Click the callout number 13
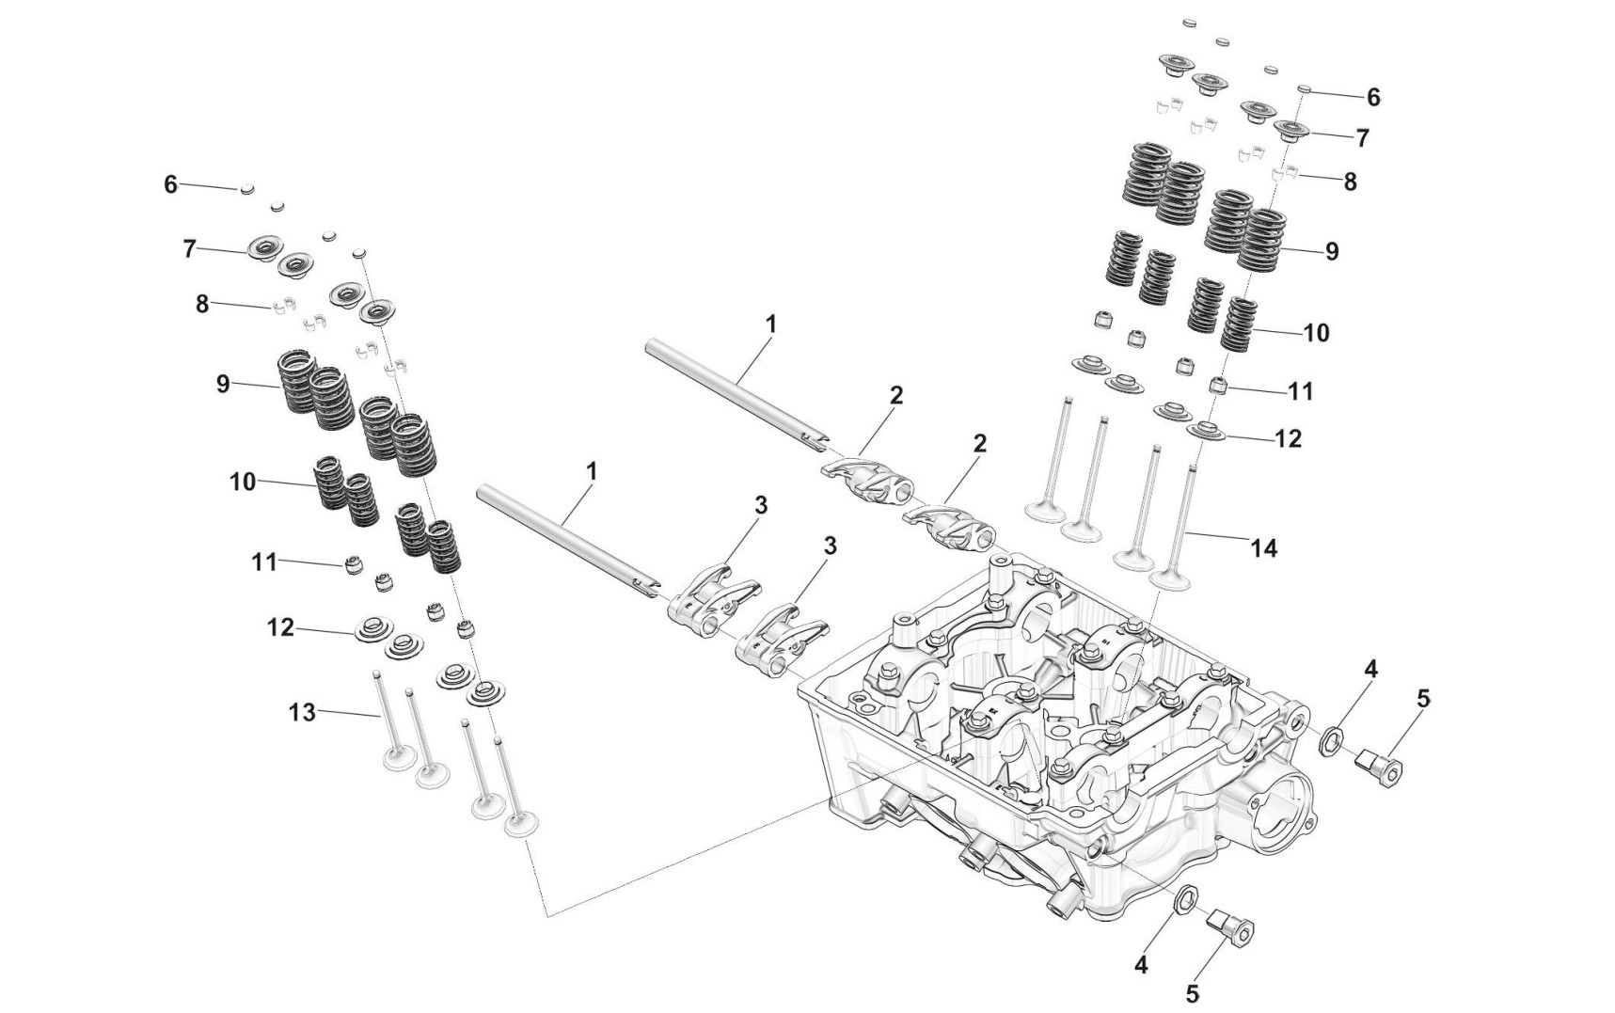click(302, 713)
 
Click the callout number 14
click(1264, 547)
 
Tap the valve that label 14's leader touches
click(1176, 527)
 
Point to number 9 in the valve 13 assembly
click(223, 385)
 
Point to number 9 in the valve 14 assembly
click(1331, 251)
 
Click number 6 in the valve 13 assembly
click(170, 184)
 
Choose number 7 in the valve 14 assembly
click(1362, 138)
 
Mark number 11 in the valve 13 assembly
click(264, 562)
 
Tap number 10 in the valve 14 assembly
click(1316, 333)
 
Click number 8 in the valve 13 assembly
click(202, 304)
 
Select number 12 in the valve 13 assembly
click(280, 627)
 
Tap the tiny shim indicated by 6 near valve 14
click(1305, 89)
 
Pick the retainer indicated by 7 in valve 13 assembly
click(264, 251)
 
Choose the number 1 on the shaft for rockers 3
click(592, 471)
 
